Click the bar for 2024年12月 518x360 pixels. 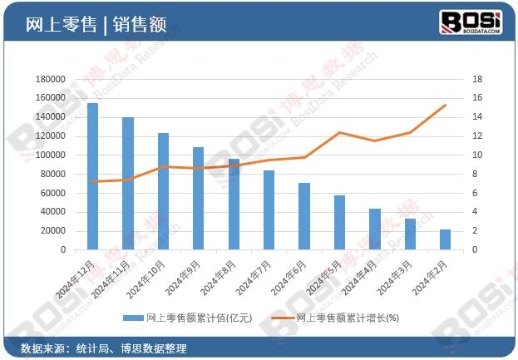click(x=92, y=176)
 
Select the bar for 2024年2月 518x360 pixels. click(x=446, y=239)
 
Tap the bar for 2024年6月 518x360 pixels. click(x=304, y=216)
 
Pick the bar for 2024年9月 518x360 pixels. click(x=198, y=198)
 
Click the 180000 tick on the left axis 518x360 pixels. click(x=51, y=79)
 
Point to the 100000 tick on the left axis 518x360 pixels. click(x=51, y=155)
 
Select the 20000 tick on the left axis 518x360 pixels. click(x=53, y=230)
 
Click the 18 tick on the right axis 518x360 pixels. click(x=476, y=79)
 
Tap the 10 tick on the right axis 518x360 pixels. click(x=476, y=155)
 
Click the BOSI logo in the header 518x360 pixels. click(x=470, y=22)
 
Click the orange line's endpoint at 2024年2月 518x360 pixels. click(x=446, y=106)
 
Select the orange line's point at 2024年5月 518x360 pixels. click(x=339, y=132)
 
